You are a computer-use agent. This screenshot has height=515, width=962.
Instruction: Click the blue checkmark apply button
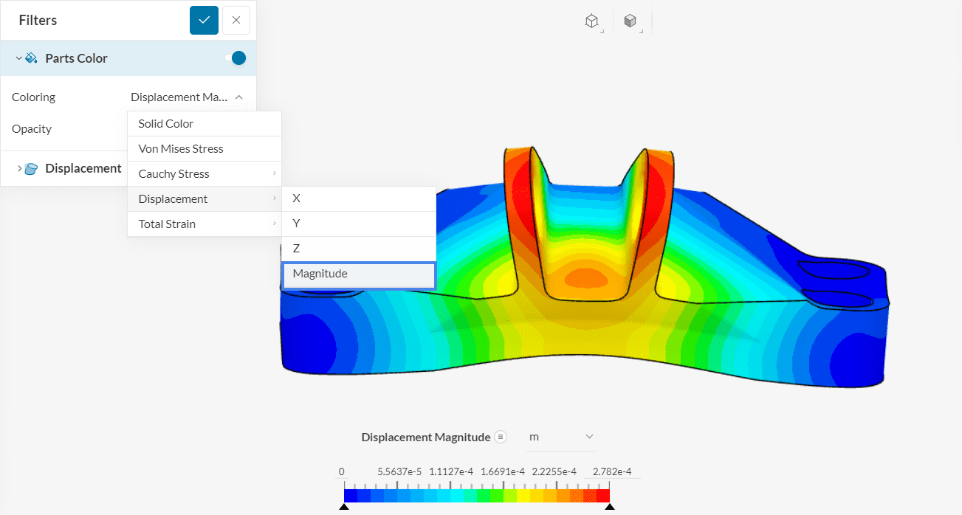(x=204, y=20)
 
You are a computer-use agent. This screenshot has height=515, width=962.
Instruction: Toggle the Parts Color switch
(x=236, y=58)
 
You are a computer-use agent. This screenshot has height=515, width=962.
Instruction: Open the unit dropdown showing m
(x=560, y=437)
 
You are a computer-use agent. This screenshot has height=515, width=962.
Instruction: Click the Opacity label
(x=32, y=129)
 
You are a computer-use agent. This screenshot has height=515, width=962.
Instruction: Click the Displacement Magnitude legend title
(x=425, y=438)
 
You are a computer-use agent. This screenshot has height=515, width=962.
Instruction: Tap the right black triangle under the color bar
(x=609, y=508)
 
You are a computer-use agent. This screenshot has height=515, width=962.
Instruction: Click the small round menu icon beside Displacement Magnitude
(x=501, y=437)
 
